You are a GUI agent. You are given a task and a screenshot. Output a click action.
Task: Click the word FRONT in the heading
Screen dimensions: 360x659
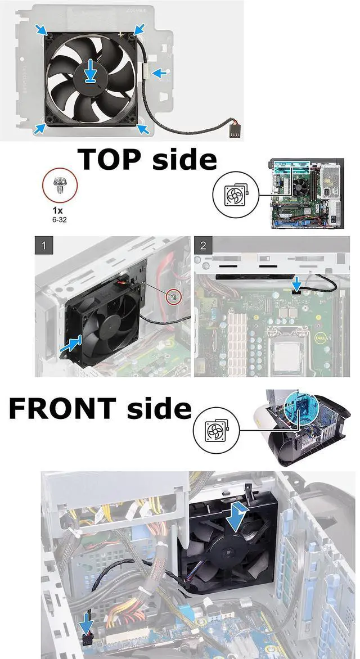pyautogui.click(x=62, y=409)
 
